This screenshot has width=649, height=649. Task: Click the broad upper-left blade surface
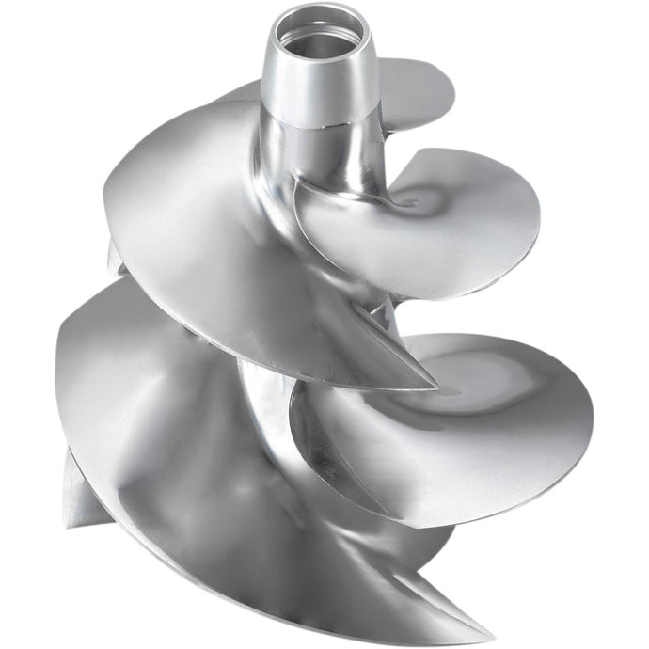pyautogui.click(x=188, y=216)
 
